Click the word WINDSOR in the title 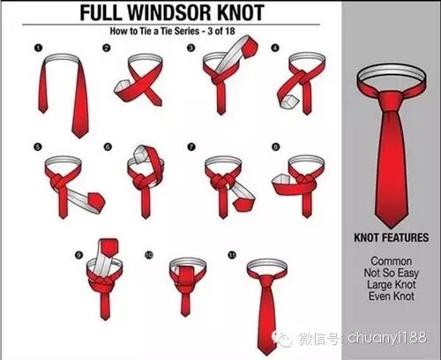click(170, 12)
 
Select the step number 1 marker click(38, 48)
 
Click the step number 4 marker click(275, 48)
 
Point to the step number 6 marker click(108, 146)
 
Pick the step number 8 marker click(275, 146)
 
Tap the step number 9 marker click(78, 255)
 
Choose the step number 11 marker click(232, 255)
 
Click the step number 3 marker click(191, 48)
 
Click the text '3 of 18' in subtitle click(221, 31)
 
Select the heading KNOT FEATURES click(391, 237)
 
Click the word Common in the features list click(391, 261)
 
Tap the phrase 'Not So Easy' click(391, 273)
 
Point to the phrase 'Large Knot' click(391, 285)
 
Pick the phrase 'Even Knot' click(391, 296)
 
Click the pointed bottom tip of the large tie click(391, 228)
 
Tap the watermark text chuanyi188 click(387, 338)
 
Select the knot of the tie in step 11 click(267, 281)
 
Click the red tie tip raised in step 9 click(109, 247)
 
